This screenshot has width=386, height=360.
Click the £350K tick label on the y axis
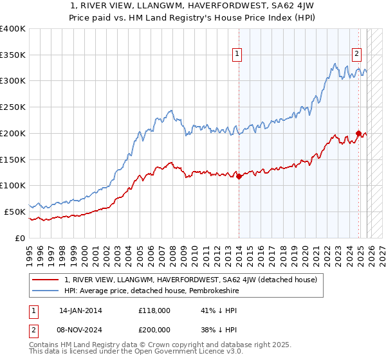[x=13, y=55]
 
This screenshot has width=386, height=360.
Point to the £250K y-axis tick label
[x=13, y=107]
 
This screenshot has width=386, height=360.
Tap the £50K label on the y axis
[x=15, y=212]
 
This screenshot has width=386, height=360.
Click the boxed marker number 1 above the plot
[x=238, y=55]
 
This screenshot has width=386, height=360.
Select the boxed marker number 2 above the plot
[x=356, y=55]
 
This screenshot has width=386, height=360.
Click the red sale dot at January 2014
[x=239, y=176]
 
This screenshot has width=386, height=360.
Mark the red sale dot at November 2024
[x=358, y=134]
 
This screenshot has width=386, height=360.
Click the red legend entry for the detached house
[x=190, y=280]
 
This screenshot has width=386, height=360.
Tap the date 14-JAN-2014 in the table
[x=80, y=310]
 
